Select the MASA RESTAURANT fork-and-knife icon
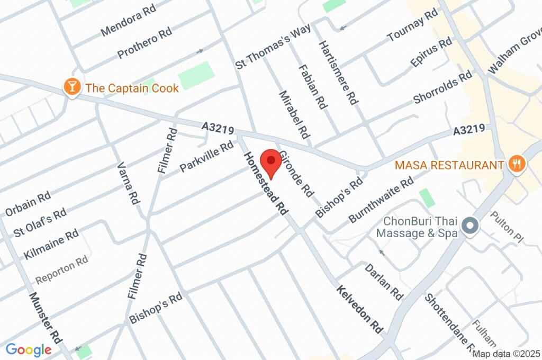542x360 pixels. [x=516, y=165]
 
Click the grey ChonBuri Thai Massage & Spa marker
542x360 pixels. [x=469, y=227]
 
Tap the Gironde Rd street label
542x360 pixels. [x=296, y=174]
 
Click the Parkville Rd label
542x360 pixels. [x=206, y=157]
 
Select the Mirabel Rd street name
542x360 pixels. [x=294, y=114]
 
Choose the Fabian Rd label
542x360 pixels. [x=312, y=87]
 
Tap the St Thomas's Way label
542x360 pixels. [x=273, y=47]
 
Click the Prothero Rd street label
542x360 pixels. [x=144, y=43]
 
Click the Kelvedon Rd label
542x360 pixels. [x=359, y=310]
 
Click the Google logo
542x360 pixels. [x=29, y=349]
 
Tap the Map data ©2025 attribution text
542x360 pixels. [x=507, y=354]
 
